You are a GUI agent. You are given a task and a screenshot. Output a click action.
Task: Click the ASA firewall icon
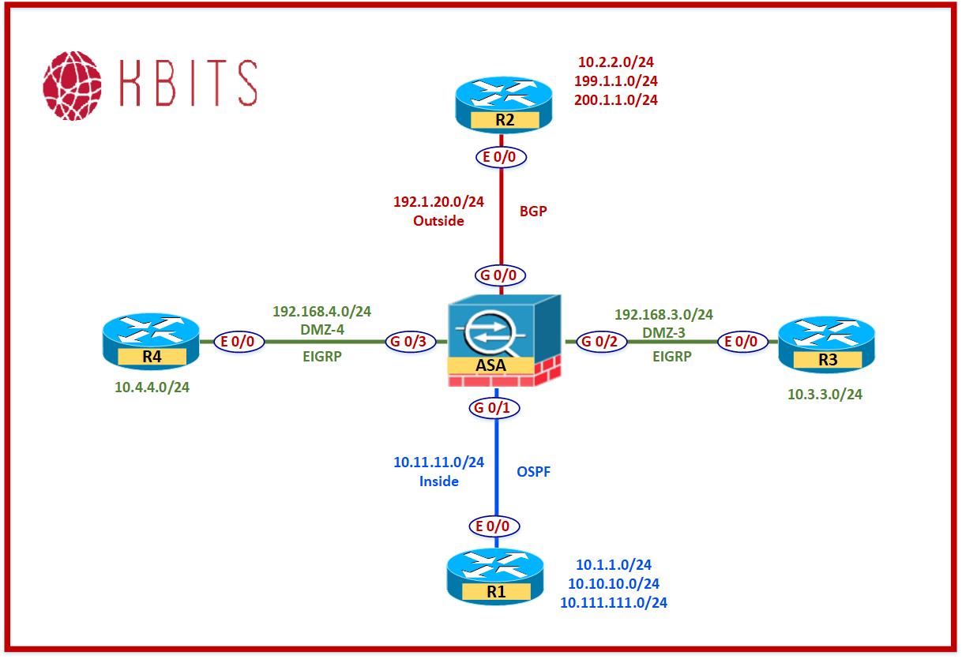click(503, 341)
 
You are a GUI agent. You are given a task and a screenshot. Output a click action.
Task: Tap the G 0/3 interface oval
click(407, 343)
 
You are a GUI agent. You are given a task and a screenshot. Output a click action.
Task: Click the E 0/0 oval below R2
click(501, 157)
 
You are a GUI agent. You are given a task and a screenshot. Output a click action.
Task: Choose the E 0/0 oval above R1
click(495, 526)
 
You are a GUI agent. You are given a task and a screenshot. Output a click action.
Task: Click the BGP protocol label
click(534, 212)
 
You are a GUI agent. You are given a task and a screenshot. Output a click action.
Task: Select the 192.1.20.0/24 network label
click(438, 201)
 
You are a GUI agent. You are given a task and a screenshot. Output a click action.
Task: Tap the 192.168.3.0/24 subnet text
click(663, 314)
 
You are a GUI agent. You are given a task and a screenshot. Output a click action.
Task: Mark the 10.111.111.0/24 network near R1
click(614, 603)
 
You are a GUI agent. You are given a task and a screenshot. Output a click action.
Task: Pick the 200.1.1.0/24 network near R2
click(618, 100)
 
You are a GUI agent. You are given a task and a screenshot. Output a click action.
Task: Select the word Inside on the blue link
click(439, 481)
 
